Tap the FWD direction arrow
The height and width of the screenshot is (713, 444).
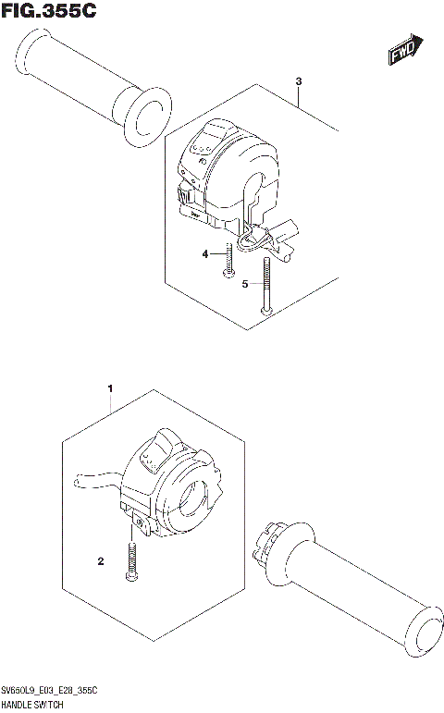405,51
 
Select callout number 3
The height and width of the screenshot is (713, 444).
299,82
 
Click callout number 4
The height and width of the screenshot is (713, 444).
205,253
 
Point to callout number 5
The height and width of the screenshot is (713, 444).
245,284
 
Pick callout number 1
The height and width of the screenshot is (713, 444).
110,388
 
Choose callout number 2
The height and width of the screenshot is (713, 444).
101,560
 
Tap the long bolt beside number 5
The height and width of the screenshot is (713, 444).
266,287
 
